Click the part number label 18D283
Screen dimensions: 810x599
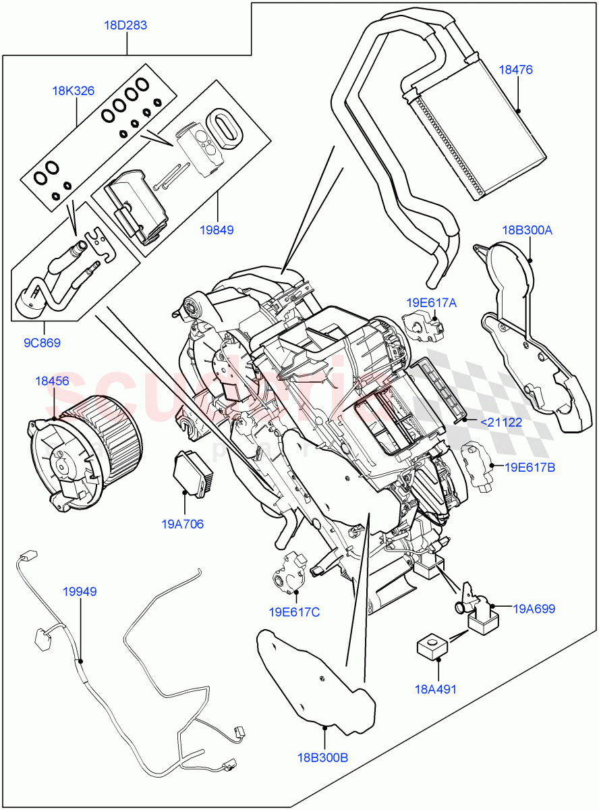click(x=125, y=26)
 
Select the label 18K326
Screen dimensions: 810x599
click(x=74, y=91)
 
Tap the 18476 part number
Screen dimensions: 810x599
click(x=516, y=70)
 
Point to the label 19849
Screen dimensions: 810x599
click(x=217, y=230)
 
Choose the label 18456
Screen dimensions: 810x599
click(x=52, y=381)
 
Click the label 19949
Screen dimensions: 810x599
click(x=80, y=591)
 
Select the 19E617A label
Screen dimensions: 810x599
click(x=431, y=303)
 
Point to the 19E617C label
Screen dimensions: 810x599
click(x=294, y=612)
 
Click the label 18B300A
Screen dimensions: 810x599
click(x=527, y=230)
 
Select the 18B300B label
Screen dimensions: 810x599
click(x=322, y=757)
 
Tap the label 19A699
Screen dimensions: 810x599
click(x=534, y=609)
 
